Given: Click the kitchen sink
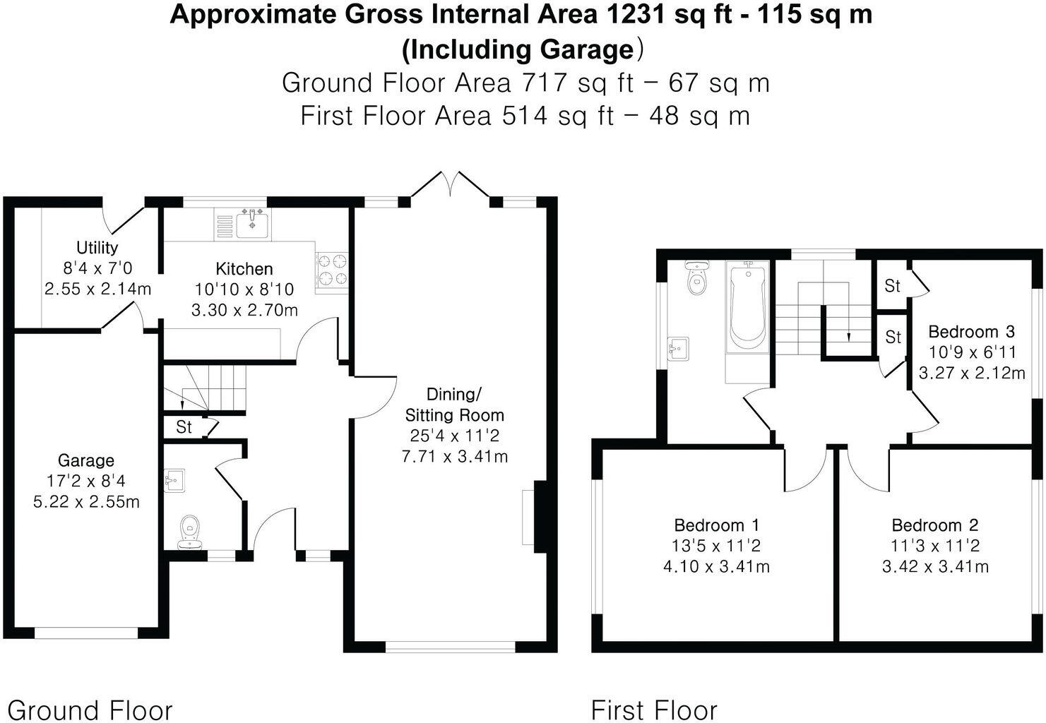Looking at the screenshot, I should point(251,225).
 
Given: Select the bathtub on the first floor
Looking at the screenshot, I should point(747,306).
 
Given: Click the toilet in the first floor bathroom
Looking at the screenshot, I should point(696,280).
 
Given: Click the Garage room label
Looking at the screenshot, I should point(85,460).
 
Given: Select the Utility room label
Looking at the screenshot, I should point(97,247).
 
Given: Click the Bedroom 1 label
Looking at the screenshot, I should point(716,525).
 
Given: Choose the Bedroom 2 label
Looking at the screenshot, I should point(935,525).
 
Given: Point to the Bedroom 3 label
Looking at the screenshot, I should point(971,331).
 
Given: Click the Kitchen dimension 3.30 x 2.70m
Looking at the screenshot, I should point(244,309).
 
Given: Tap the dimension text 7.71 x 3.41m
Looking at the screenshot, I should point(454,456).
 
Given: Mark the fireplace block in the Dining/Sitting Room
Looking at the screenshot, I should point(540,516).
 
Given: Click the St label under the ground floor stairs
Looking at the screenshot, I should point(184,427).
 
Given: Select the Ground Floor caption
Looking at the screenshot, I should point(90,710).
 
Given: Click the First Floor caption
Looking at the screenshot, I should point(654,710).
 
